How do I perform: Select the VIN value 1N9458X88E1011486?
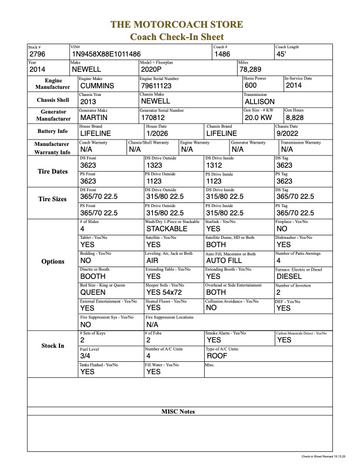tap(106, 54)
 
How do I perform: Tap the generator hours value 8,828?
tap(296, 118)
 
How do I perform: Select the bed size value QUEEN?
tap(92, 292)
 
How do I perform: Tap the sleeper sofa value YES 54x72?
tap(165, 292)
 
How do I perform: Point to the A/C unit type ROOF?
tap(217, 356)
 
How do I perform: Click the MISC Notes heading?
tap(178, 411)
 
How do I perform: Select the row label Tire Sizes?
tap(52, 199)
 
